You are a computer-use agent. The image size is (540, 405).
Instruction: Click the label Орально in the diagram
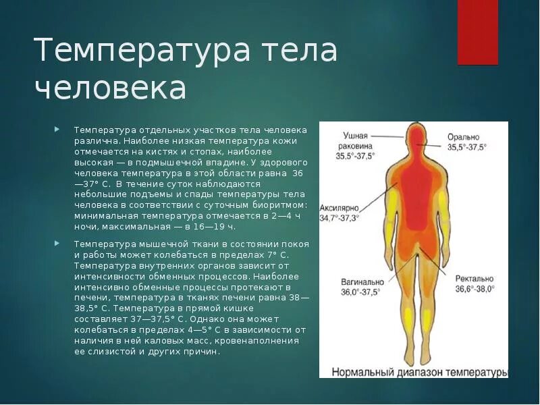[x=464, y=137]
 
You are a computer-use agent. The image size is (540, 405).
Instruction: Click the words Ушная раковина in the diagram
[x=354, y=140]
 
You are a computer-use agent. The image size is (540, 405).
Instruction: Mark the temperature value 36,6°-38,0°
[x=475, y=288]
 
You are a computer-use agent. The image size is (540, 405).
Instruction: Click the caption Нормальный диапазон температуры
[x=418, y=372]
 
